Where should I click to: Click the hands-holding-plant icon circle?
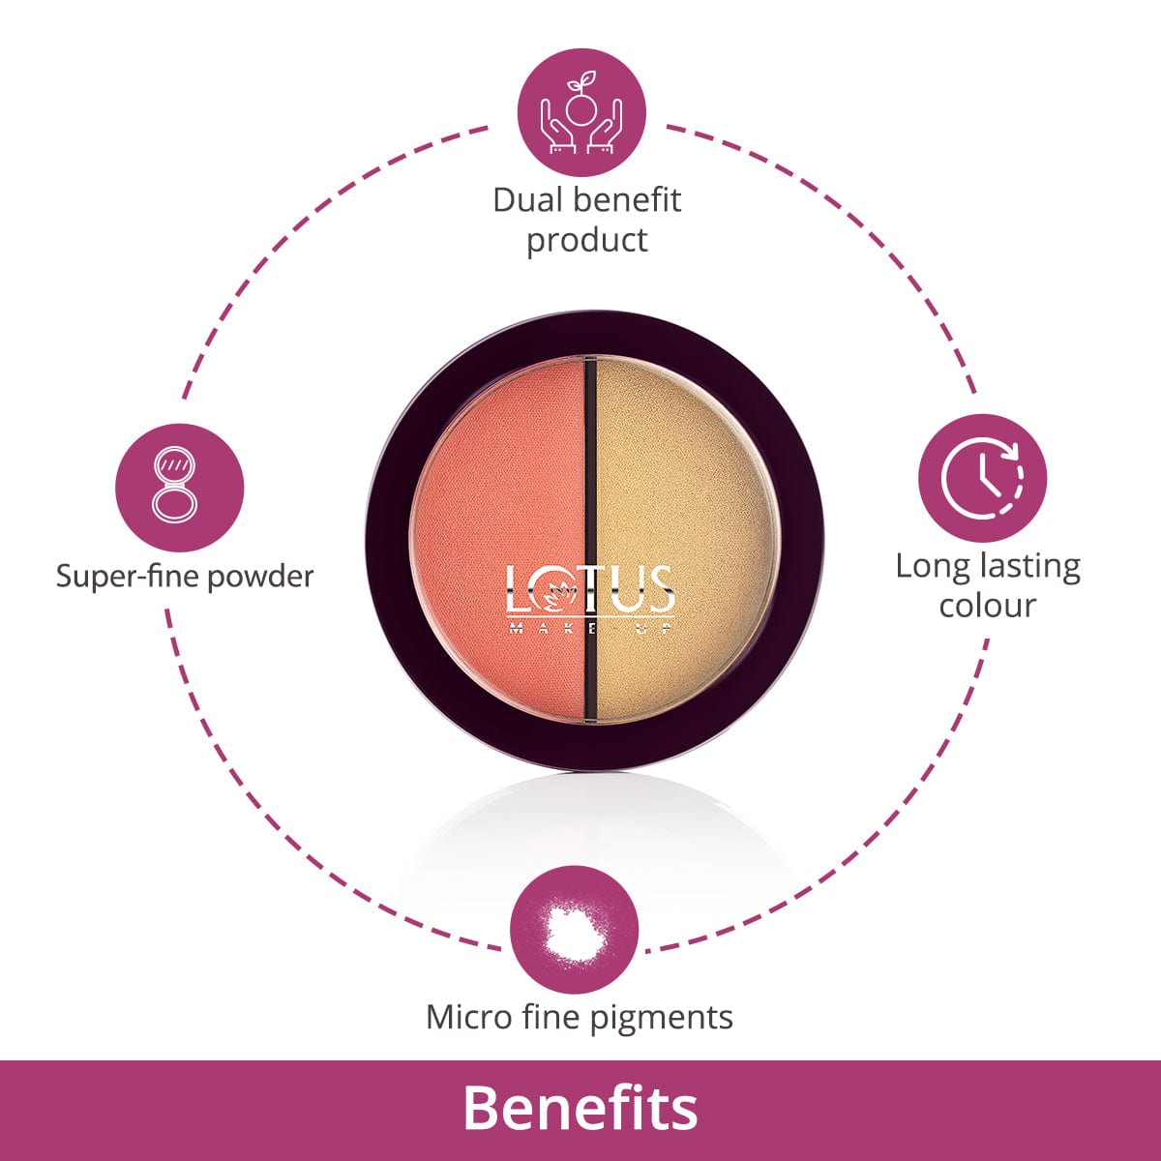[581, 112]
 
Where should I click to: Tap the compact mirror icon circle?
[180, 488]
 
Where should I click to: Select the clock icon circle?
[982, 478]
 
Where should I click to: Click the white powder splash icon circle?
[574, 930]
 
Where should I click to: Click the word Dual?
[527, 200]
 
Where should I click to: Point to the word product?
[587, 241]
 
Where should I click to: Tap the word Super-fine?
[128, 577]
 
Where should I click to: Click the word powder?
[260, 577]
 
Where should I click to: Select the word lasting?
[1030, 567]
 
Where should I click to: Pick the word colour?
[988, 606]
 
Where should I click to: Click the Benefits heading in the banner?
[580, 1109]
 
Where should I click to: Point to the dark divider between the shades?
[591, 539]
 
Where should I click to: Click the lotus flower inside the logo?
[553, 594]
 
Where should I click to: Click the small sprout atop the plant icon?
[583, 80]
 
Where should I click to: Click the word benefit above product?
[627, 200]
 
